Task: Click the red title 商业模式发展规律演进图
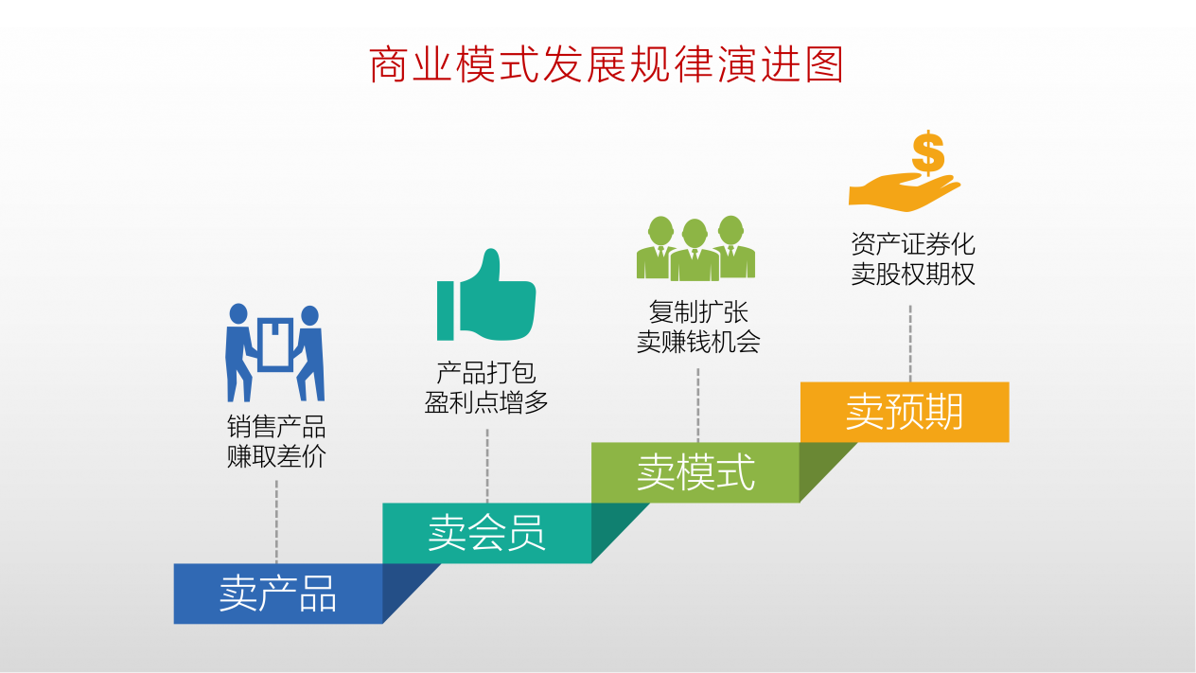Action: tap(606, 64)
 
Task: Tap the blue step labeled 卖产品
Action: tap(278, 593)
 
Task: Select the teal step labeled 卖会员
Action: tap(487, 533)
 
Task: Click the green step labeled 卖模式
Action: tap(695, 472)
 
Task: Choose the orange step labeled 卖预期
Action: tap(905, 412)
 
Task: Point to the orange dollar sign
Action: tap(928, 152)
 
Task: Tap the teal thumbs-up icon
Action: tap(486, 294)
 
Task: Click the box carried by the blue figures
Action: tap(275, 345)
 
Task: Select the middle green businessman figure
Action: tap(695, 250)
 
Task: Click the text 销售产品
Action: tap(276, 427)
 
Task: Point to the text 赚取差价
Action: tap(276, 456)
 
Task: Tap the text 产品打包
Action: tap(486, 372)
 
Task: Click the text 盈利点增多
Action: tap(486, 402)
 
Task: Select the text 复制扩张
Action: tap(698, 312)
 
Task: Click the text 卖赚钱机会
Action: tap(698, 342)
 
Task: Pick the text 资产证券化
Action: tap(912, 244)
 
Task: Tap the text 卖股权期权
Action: tap(912, 274)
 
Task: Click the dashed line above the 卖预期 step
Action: tap(910, 344)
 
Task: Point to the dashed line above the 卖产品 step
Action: tap(276, 522)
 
